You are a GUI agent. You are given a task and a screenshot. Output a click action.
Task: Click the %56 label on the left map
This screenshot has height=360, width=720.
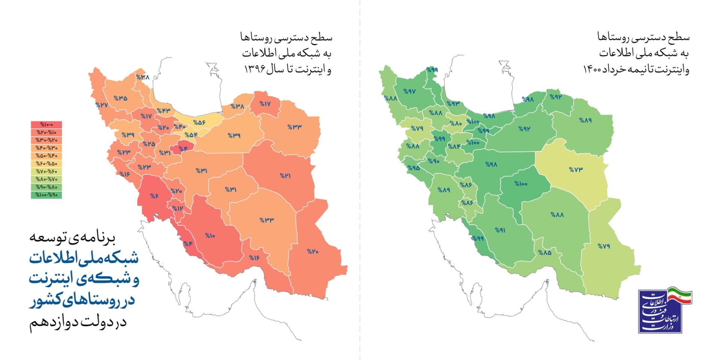coord(199,123)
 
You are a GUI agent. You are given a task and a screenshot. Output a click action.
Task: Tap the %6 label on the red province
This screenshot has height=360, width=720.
coord(154,196)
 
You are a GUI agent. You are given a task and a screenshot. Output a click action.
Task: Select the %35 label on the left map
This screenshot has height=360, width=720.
coord(120,98)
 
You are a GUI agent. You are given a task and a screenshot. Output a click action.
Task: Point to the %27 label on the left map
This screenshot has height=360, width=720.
coord(102,105)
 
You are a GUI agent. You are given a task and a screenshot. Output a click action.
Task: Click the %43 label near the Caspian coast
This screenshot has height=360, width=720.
coord(163,111)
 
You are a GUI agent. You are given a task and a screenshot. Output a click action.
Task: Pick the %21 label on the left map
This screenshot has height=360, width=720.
coord(285,175)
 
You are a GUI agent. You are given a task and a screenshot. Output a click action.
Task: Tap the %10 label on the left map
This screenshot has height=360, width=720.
coord(210,235)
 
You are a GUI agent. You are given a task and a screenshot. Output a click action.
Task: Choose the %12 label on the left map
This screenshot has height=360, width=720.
coord(178,208)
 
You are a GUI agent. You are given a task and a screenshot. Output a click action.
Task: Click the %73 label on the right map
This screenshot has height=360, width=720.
coord(576,169)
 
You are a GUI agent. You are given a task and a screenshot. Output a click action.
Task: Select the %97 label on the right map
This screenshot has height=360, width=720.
coord(409,91)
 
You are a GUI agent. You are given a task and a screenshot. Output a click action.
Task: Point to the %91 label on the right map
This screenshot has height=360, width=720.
coord(500,230)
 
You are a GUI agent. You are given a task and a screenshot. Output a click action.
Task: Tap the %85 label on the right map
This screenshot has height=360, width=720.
coord(544,252)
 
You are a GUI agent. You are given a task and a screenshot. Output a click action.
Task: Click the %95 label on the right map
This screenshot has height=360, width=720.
coord(414,168)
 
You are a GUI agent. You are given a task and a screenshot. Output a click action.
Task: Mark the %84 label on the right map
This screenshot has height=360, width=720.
coord(454,146)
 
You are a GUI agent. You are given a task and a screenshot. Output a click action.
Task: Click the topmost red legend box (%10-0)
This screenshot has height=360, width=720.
coord(46,124)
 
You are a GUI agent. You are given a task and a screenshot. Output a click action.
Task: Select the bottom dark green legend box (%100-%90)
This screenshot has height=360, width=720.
coord(46,195)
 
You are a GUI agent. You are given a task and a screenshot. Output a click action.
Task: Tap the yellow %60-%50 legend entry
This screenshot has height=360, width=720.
coord(46,163)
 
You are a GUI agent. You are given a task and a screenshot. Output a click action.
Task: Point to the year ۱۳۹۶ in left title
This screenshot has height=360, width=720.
coord(255,69)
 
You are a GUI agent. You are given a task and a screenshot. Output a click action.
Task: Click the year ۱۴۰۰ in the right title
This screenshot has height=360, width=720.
coord(592,69)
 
